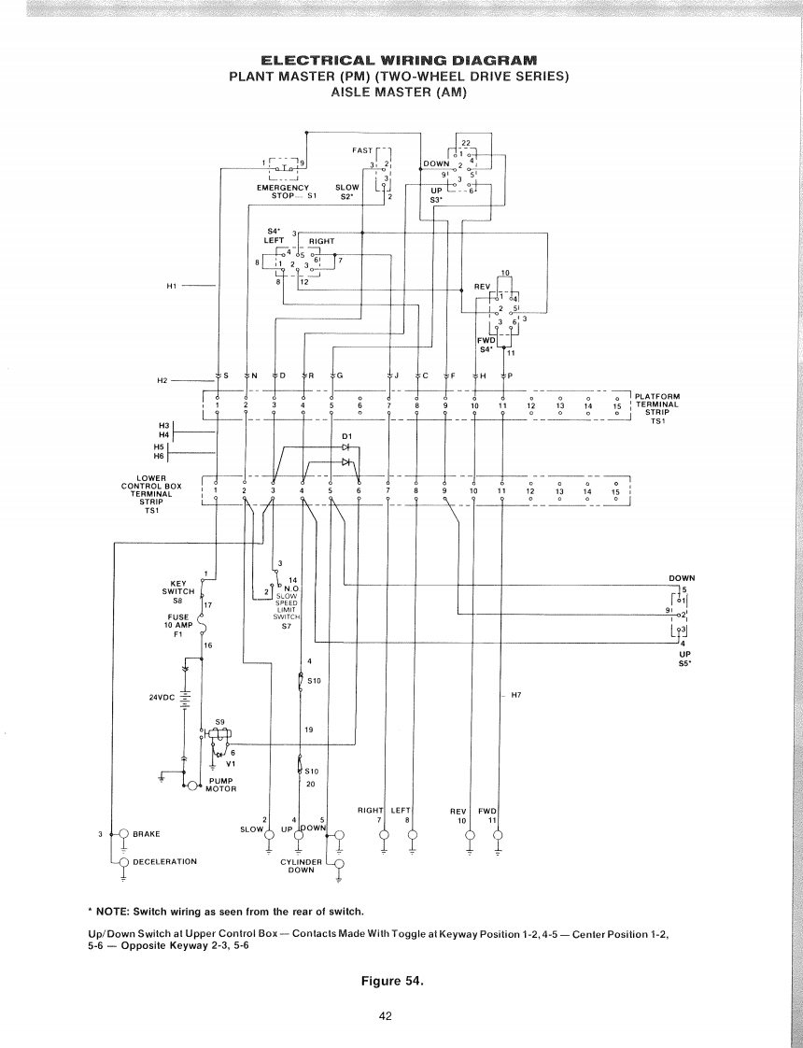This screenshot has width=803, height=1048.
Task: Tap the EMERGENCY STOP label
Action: point(283,191)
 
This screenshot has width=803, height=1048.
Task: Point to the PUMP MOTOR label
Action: point(221,785)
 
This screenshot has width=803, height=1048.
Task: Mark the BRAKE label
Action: point(149,833)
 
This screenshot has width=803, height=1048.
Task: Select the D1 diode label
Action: point(346,436)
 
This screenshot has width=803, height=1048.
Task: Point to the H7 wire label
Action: point(515,696)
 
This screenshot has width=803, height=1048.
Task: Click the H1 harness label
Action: point(172,285)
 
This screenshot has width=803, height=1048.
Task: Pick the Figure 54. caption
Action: point(400,981)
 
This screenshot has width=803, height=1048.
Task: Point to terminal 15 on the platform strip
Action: point(616,406)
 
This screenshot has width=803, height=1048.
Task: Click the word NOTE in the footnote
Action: point(113,911)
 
